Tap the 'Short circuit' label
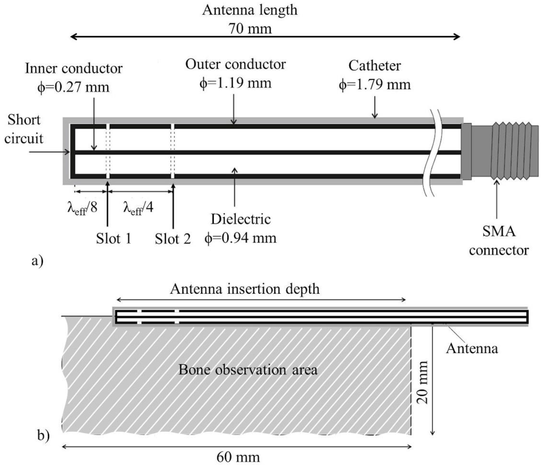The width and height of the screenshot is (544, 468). pos(24,129)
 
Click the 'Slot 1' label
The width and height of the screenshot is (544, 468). pos(113,239)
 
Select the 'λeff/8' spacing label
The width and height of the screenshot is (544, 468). pos(82,208)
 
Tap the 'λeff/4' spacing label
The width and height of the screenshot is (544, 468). pos(138,208)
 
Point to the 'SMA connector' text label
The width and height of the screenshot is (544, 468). pos(499,241)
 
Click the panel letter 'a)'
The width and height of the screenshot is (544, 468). pos(37,261)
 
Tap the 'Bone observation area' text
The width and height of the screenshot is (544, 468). pos(248,370)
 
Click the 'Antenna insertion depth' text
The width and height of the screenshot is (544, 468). pos(245,289)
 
